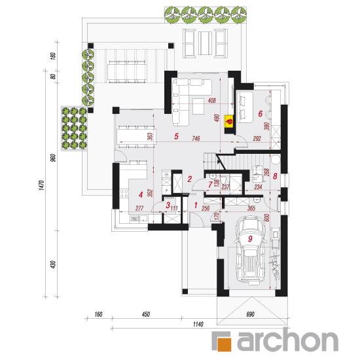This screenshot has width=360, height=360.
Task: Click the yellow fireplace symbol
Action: [229, 121]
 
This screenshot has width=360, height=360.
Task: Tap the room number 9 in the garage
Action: [250, 239]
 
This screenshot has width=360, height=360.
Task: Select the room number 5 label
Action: [176, 136]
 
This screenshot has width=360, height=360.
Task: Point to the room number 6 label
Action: [260, 113]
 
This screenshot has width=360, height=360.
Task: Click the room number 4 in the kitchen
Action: [141, 194]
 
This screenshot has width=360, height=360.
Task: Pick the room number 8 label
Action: [275, 176]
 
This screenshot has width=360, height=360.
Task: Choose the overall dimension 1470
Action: [41, 185]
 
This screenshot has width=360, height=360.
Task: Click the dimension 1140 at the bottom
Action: [198, 324]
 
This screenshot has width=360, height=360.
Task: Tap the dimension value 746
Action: [196, 138]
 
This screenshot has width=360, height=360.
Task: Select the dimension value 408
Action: [211, 100]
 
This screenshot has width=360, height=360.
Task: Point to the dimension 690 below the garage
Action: [250, 314]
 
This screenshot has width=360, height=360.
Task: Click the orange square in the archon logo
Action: [224, 344]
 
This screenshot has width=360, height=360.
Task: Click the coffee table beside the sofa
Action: [198, 106]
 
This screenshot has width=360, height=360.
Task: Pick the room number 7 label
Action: [210, 185]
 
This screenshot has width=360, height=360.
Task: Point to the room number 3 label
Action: [168, 205]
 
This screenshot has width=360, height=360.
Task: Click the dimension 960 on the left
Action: [53, 158]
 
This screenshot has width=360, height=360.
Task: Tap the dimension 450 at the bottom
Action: [146, 314]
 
